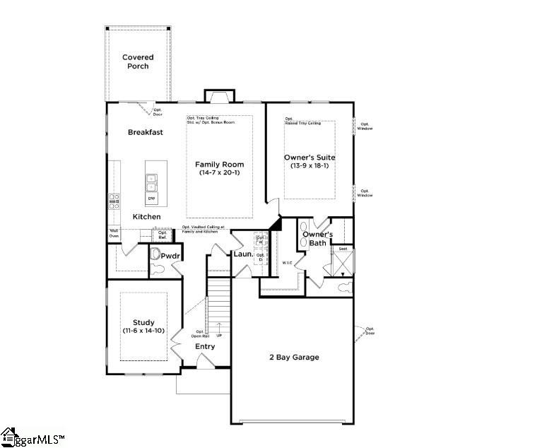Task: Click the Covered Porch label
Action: pyautogui.click(x=138, y=61)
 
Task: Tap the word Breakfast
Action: pyautogui.click(x=146, y=132)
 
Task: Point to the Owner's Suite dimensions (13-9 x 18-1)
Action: pyautogui.click(x=309, y=166)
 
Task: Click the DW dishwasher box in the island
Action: pyautogui.click(x=152, y=199)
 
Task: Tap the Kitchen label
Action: pyautogui.click(x=146, y=216)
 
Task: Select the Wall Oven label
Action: pyautogui.click(x=113, y=233)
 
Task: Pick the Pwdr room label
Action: pyautogui.click(x=170, y=256)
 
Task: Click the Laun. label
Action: pyautogui.click(x=244, y=252)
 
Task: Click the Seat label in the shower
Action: pyautogui.click(x=343, y=249)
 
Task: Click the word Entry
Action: pyautogui.click(x=205, y=346)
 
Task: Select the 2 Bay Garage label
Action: pyautogui.click(x=293, y=357)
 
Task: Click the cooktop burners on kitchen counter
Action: pyautogui.click(x=114, y=202)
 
